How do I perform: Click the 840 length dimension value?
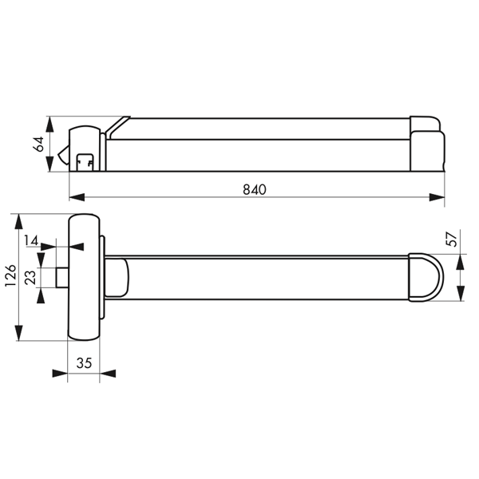pos(253,189)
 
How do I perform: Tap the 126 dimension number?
pos(10,279)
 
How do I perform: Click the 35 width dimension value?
pos(84,362)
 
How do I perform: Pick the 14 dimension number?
pos(31,240)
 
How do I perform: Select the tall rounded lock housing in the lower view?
pos(84,277)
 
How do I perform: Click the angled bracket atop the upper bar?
pos(118,125)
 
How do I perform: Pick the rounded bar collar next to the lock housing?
pos(117,277)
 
